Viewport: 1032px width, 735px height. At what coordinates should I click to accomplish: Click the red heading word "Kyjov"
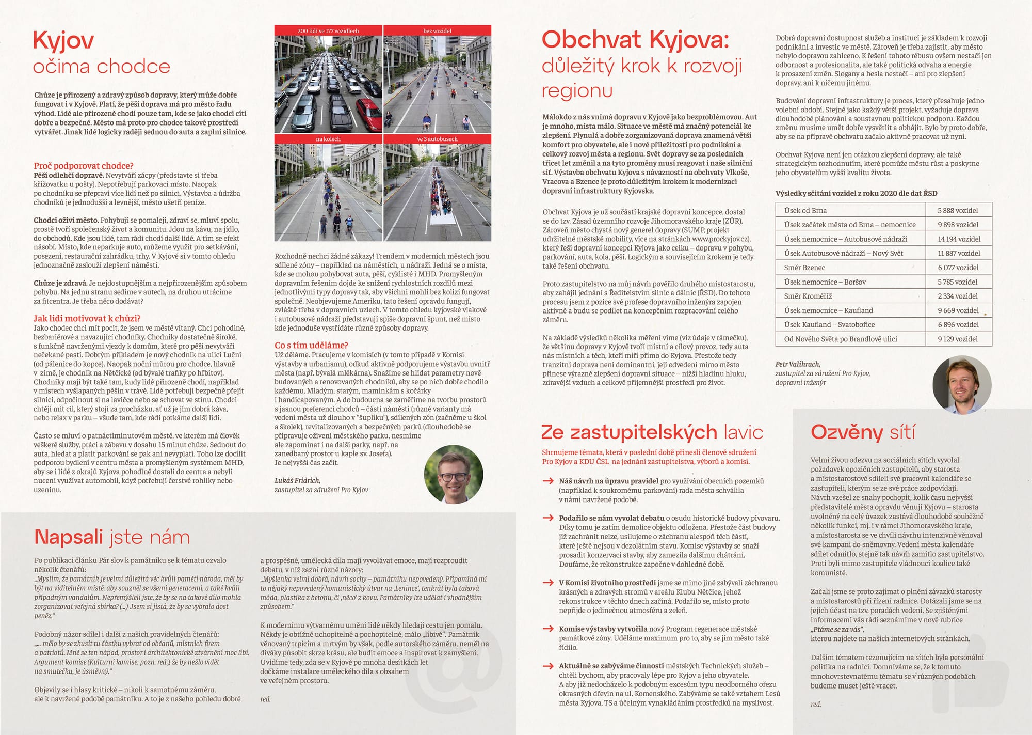point(63,40)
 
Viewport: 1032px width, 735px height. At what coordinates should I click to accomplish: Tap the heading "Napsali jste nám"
point(111,537)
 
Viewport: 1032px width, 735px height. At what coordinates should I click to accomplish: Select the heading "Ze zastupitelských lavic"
point(652,432)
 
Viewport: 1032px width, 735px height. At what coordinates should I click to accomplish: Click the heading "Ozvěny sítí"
point(863,432)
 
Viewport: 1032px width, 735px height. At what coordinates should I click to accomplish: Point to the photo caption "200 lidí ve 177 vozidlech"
point(328,31)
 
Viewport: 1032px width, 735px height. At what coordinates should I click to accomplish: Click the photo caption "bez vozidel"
point(437,31)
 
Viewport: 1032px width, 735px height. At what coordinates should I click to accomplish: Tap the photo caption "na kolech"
point(328,139)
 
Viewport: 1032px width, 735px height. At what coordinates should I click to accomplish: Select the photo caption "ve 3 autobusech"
point(437,139)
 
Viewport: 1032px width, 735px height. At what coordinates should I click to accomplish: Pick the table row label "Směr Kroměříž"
point(808,296)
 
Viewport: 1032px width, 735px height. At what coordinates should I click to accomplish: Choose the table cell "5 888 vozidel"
point(958,210)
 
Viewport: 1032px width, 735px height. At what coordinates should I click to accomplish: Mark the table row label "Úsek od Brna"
point(805,210)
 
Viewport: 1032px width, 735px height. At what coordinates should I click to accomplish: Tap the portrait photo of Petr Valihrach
point(962,385)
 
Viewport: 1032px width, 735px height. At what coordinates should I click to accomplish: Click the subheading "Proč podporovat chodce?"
point(84,166)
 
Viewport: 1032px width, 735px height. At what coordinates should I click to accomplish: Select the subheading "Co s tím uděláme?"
point(311,345)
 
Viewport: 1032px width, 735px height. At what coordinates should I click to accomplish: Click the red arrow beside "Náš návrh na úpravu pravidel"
point(548,481)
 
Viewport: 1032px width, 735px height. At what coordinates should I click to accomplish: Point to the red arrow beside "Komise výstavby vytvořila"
point(548,629)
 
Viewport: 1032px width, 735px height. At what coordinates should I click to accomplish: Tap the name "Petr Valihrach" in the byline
point(798,364)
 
